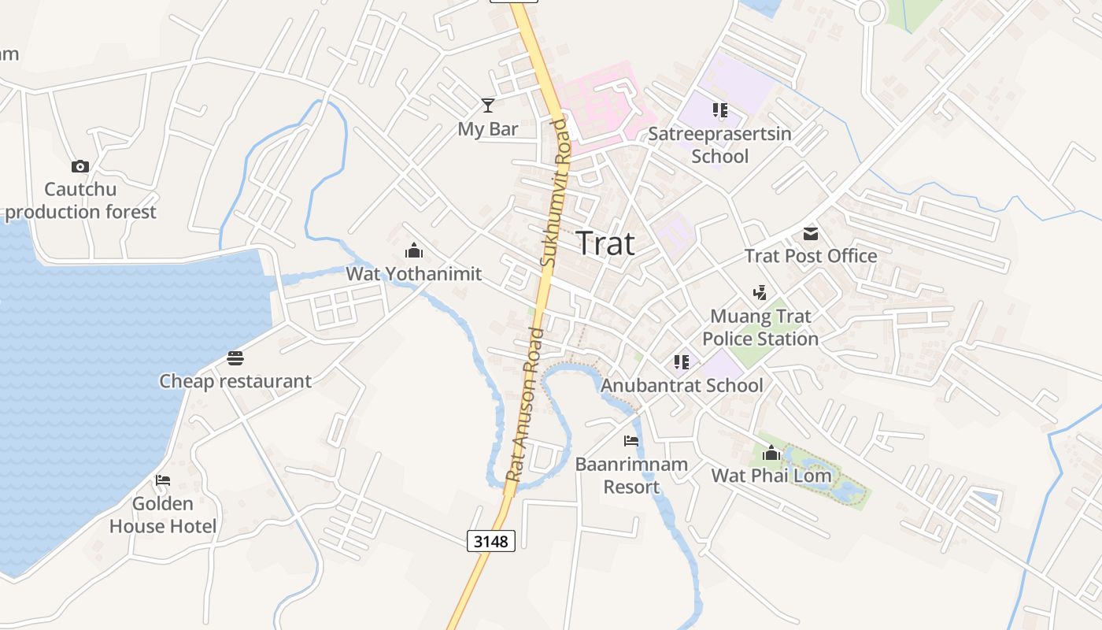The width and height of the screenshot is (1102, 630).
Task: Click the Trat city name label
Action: click(x=605, y=243)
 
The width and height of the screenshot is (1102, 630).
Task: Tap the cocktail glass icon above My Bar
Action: click(x=488, y=106)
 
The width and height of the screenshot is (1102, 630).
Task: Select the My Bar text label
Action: click(x=488, y=129)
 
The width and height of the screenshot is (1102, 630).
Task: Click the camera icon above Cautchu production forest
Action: click(x=80, y=166)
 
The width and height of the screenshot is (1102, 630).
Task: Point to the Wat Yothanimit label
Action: click(x=414, y=274)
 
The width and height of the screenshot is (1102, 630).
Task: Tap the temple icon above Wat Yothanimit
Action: click(x=414, y=251)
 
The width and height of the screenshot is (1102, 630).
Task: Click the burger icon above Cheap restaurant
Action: click(x=235, y=358)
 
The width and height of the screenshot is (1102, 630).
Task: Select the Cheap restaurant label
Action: click(x=235, y=381)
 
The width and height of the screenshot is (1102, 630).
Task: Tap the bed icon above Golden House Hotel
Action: click(x=163, y=480)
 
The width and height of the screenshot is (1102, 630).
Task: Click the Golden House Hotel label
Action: click(x=163, y=515)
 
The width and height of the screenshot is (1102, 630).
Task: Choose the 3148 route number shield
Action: click(x=491, y=541)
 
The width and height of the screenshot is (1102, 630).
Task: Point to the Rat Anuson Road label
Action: click(x=527, y=405)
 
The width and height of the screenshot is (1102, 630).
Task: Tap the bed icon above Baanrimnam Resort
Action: click(x=631, y=441)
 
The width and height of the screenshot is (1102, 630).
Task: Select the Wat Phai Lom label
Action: click(x=771, y=476)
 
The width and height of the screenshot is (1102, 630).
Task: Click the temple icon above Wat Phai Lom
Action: click(x=771, y=453)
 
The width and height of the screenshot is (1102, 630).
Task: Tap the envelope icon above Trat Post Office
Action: click(x=811, y=233)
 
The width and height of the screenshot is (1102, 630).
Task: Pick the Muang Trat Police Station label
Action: click(x=760, y=328)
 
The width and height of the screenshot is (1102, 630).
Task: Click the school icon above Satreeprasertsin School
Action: click(x=720, y=110)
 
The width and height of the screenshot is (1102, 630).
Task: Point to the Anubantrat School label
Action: click(x=682, y=385)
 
